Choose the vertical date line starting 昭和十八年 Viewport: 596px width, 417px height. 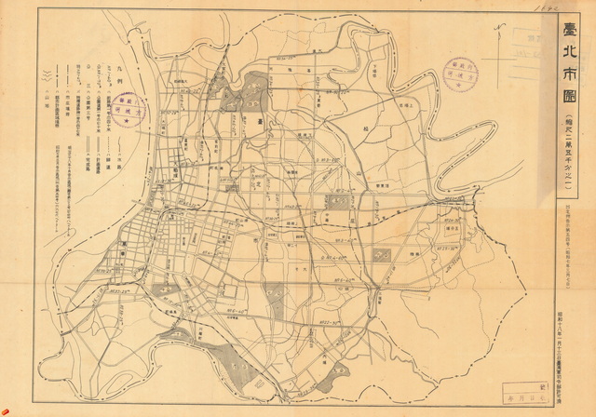(x=567, y=326)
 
